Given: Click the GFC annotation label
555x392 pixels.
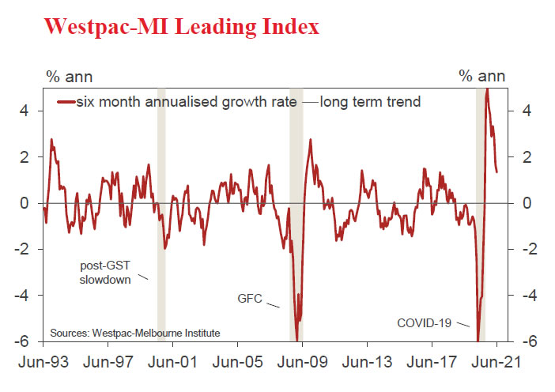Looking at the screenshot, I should point(250,299).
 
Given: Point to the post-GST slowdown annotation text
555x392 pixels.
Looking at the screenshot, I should point(105,272).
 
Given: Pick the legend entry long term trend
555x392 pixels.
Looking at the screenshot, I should point(370,102).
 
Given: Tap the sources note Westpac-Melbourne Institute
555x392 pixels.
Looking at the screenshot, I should point(135,333).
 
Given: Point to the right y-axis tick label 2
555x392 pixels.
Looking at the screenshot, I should point(527,157).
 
